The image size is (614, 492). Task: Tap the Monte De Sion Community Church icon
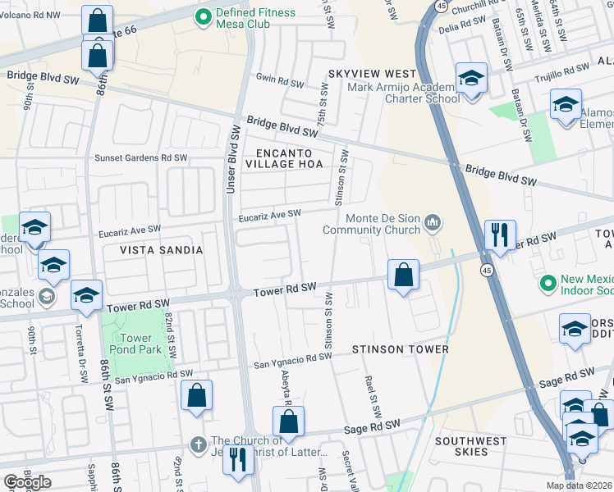click(433, 222)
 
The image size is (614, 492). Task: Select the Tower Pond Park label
click(136, 344)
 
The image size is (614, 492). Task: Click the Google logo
click(27, 482)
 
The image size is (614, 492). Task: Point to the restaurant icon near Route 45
click(499, 235)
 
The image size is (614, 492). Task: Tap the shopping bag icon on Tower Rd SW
click(403, 276)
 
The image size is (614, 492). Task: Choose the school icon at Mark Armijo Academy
click(471, 80)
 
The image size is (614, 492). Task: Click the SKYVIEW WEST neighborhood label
click(372, 74)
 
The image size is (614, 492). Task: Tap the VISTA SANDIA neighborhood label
click(162, 249)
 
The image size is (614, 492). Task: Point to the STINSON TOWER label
click(401, 349)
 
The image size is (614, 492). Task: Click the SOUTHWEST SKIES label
click(471, 447)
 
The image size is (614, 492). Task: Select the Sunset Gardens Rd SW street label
click(140, 158)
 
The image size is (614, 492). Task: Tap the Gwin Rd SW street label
click(279, 80)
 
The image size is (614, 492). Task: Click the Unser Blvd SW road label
click(233, 159)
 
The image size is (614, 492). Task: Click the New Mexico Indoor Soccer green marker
click(548, 284)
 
